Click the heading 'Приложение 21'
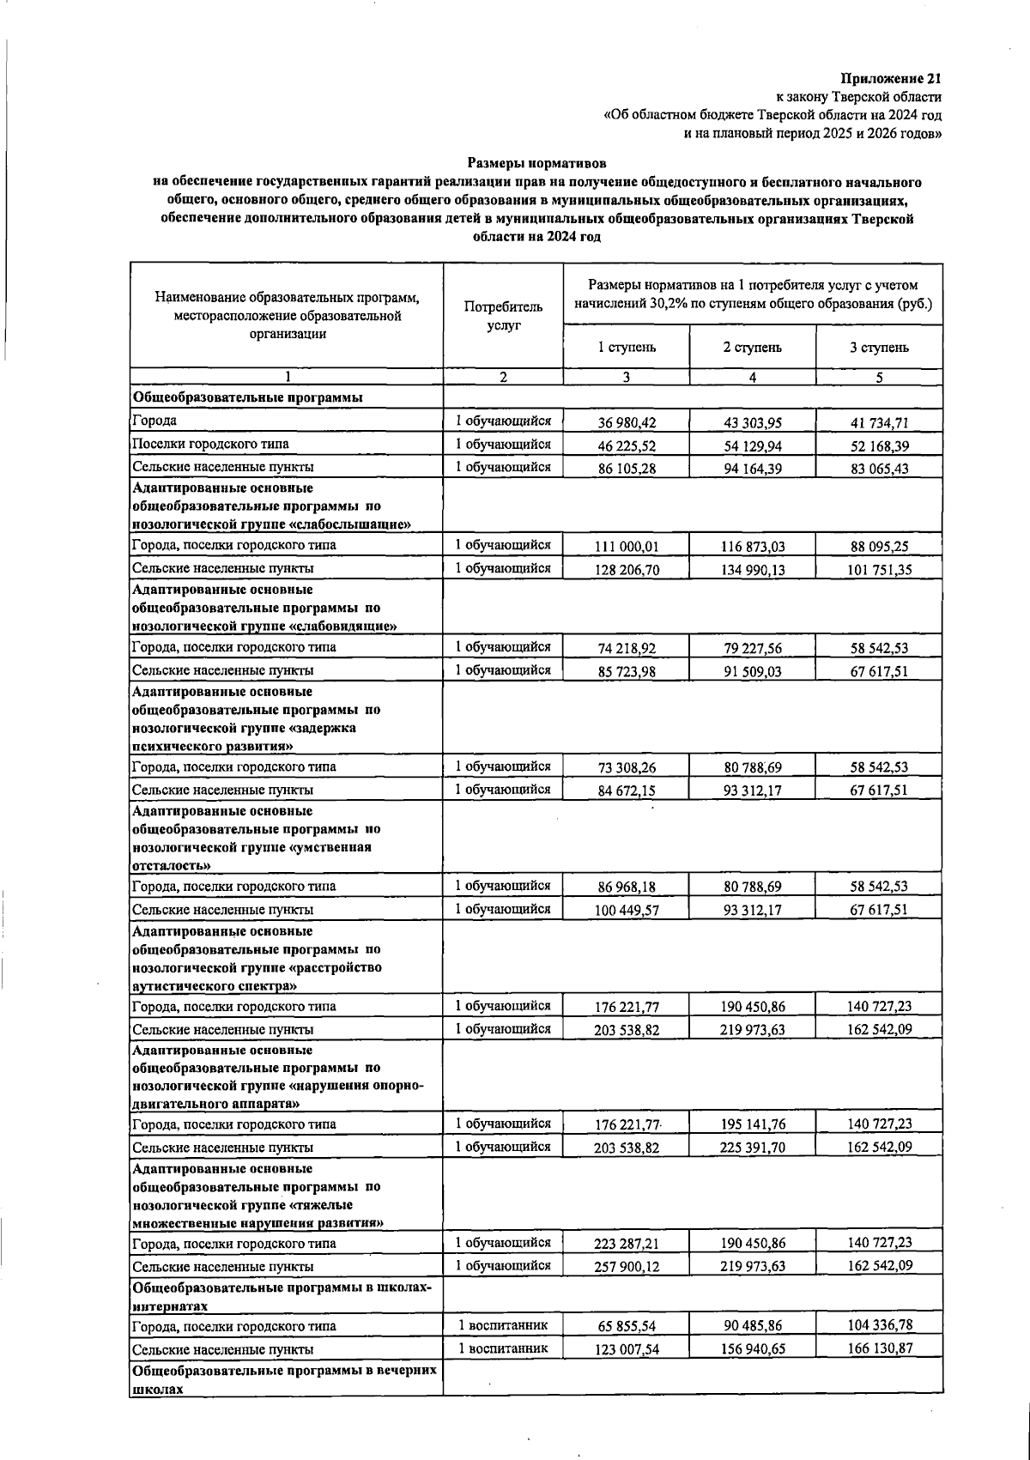click(x=892, y=78)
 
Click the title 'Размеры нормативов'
click(x=537, y=162)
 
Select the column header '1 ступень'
click(x=627, y=347)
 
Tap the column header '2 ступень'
click(x=752, y=347)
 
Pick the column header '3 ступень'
click(x=879, y=347)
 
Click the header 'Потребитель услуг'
click(x=503, y=316)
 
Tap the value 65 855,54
click(x=627, y=1327)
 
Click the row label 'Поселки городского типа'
click(x=210, y=444)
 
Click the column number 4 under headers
click(x=752, y=377)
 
